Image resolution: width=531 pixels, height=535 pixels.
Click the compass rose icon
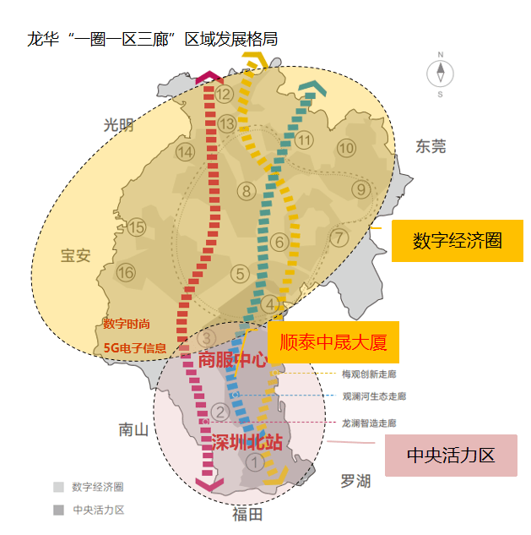(440, 74)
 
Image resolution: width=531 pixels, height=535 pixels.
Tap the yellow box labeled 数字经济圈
(457, 241)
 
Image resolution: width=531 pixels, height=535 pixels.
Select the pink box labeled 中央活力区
(451, 456)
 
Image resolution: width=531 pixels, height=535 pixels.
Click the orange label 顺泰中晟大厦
(333, 342)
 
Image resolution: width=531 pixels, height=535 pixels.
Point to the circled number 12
(224, 94)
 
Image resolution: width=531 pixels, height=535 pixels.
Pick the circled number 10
(346, 148)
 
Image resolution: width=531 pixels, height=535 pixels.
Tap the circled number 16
(126, 273)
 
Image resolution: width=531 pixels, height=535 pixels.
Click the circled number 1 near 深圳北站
(255, 463)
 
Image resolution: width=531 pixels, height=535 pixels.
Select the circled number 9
(361, 189)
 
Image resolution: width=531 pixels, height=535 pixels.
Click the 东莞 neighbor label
(431, 146)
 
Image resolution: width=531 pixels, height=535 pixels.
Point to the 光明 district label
(118, 125)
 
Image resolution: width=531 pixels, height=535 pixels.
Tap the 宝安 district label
(76, 255)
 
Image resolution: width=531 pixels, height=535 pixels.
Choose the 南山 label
(133, 429)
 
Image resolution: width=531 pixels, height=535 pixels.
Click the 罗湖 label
(355, 481)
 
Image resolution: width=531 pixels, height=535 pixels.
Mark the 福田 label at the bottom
(247, 514)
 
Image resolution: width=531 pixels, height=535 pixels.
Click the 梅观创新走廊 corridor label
(369, 374)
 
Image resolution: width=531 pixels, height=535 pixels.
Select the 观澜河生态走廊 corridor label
(374, 396)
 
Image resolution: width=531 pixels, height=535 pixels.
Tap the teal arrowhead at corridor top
(312, 87)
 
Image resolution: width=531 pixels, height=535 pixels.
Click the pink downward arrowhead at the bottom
(209, 483)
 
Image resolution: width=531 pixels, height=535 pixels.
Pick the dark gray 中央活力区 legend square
(58, 510)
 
